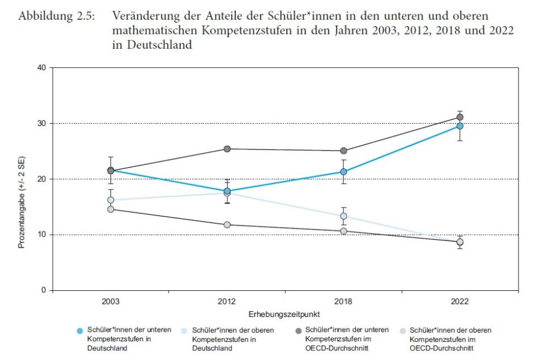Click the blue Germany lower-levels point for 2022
460,126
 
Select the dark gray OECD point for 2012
227,149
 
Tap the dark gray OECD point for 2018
343,151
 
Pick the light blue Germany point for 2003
110,200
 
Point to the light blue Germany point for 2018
343,216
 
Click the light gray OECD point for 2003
110,209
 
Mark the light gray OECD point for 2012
227,225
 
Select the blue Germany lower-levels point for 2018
343,172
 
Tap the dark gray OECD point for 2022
460,117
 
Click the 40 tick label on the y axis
41,68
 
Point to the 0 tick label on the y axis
43,290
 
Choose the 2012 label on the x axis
227,302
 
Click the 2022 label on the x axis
460,302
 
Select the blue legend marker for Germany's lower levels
80,330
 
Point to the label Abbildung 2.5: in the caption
57,16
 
